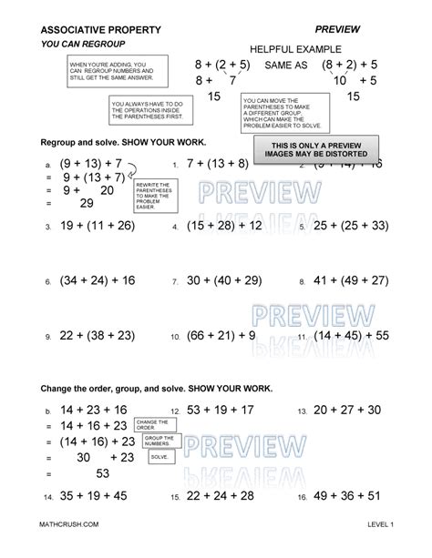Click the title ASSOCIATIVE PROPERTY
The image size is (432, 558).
[x=101, y=30]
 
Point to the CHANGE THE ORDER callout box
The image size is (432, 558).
[x=151, y=425]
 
